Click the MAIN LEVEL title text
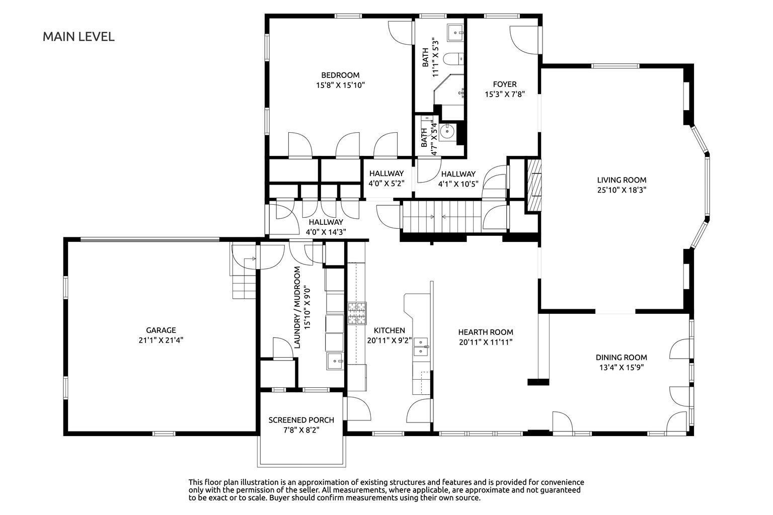(x=79, y=37)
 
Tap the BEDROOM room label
(x=340, y=75)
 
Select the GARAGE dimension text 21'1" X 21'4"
(x=161, y=340)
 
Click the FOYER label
(x=505, y=84)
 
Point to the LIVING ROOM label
(x=622, y=180)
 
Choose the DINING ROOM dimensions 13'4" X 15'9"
(x=622, y=367)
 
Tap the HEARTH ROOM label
(x=486, y=332)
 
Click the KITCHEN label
(x=389, y=330)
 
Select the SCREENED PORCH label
(x=301, y=420)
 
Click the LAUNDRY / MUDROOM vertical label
(x=297, y=307)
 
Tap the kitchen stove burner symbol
(x=357, y=313)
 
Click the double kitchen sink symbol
(x=421, y=347)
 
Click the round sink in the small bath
(x=447, y=131)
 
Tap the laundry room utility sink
(x=335, y=361)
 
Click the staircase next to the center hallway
(x=442, y=217)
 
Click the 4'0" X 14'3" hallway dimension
(x=326, y=232)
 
